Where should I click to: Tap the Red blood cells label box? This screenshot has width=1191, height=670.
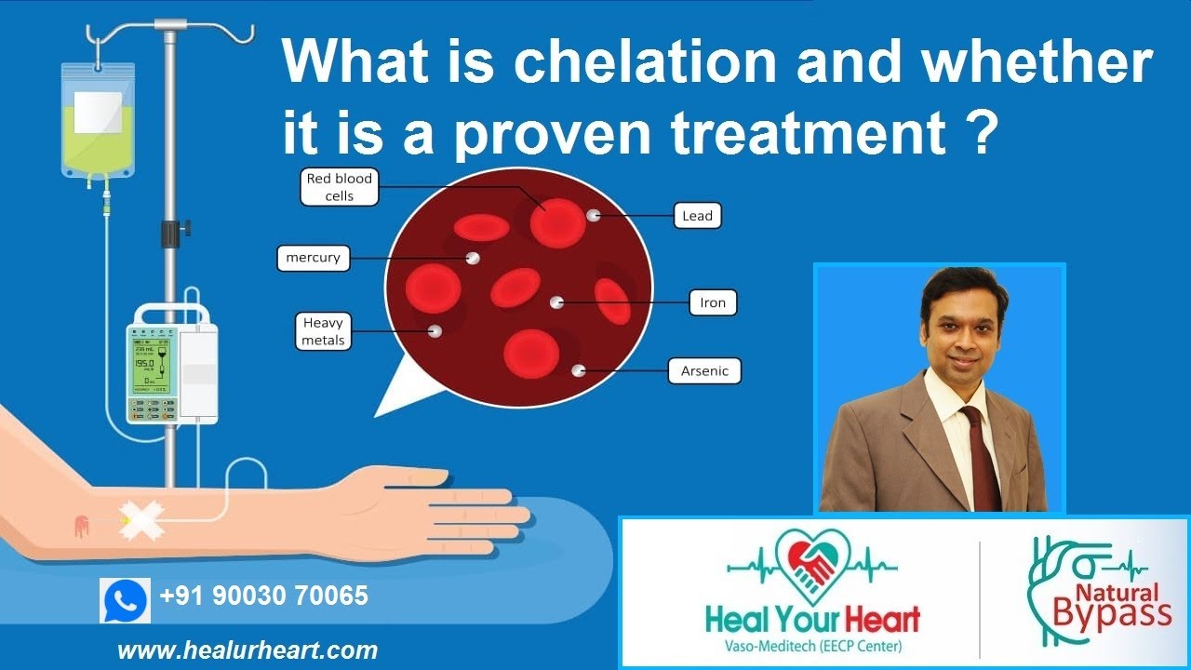[x=340, y=187]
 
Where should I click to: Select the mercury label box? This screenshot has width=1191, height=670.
[x=314, y=258]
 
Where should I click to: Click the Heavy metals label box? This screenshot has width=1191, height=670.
[x=323, y=332]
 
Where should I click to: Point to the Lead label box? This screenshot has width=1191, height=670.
[x=697, y=216]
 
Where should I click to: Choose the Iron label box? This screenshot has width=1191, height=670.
[x=713, y=302]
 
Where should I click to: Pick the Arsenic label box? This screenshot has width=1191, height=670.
[x=704, y=371]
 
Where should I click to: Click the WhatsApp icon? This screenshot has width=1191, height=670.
[x=125, y=600]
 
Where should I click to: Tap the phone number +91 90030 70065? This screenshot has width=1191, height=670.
[x=263, y=596]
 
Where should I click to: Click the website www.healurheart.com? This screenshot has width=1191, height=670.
[x=248, y=650]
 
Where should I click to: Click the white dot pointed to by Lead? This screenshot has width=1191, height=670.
[x=593, y=215]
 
